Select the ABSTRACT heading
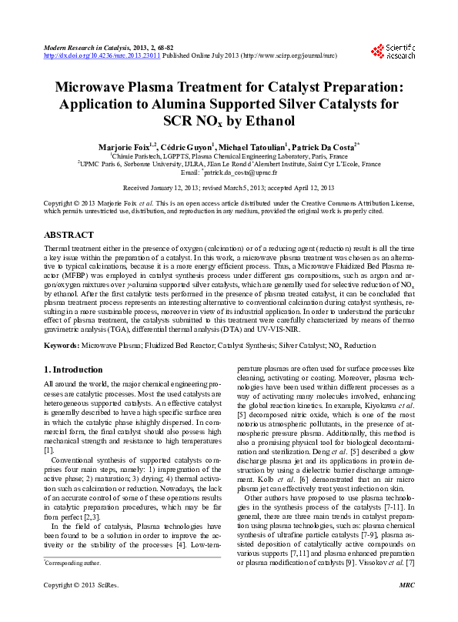pos(69,234)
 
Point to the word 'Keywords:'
pos(62,347)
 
